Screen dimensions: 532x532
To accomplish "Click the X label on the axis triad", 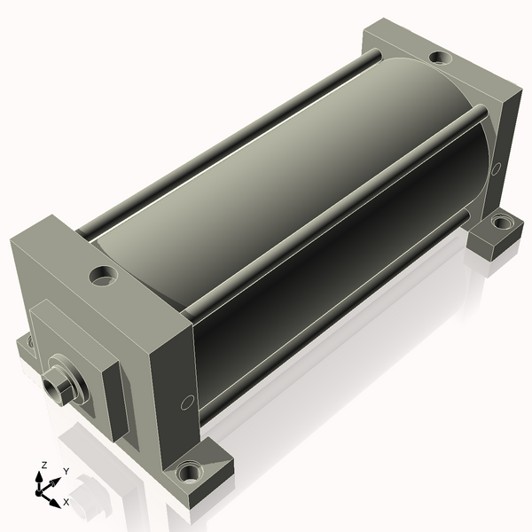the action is (66, 502).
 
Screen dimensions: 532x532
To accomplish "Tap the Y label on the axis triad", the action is (66, 472).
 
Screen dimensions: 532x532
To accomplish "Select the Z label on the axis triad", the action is (43, 465).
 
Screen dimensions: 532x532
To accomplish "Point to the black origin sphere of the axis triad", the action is (39, 492).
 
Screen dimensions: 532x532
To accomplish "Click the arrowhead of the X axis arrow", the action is (55, 503).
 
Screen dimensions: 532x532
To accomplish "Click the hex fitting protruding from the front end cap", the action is (57, 389).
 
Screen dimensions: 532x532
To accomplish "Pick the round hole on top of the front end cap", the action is (103, 275).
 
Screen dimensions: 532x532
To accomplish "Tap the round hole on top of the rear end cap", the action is (441, 58).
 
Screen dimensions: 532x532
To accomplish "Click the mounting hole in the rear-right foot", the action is (502, 223).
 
